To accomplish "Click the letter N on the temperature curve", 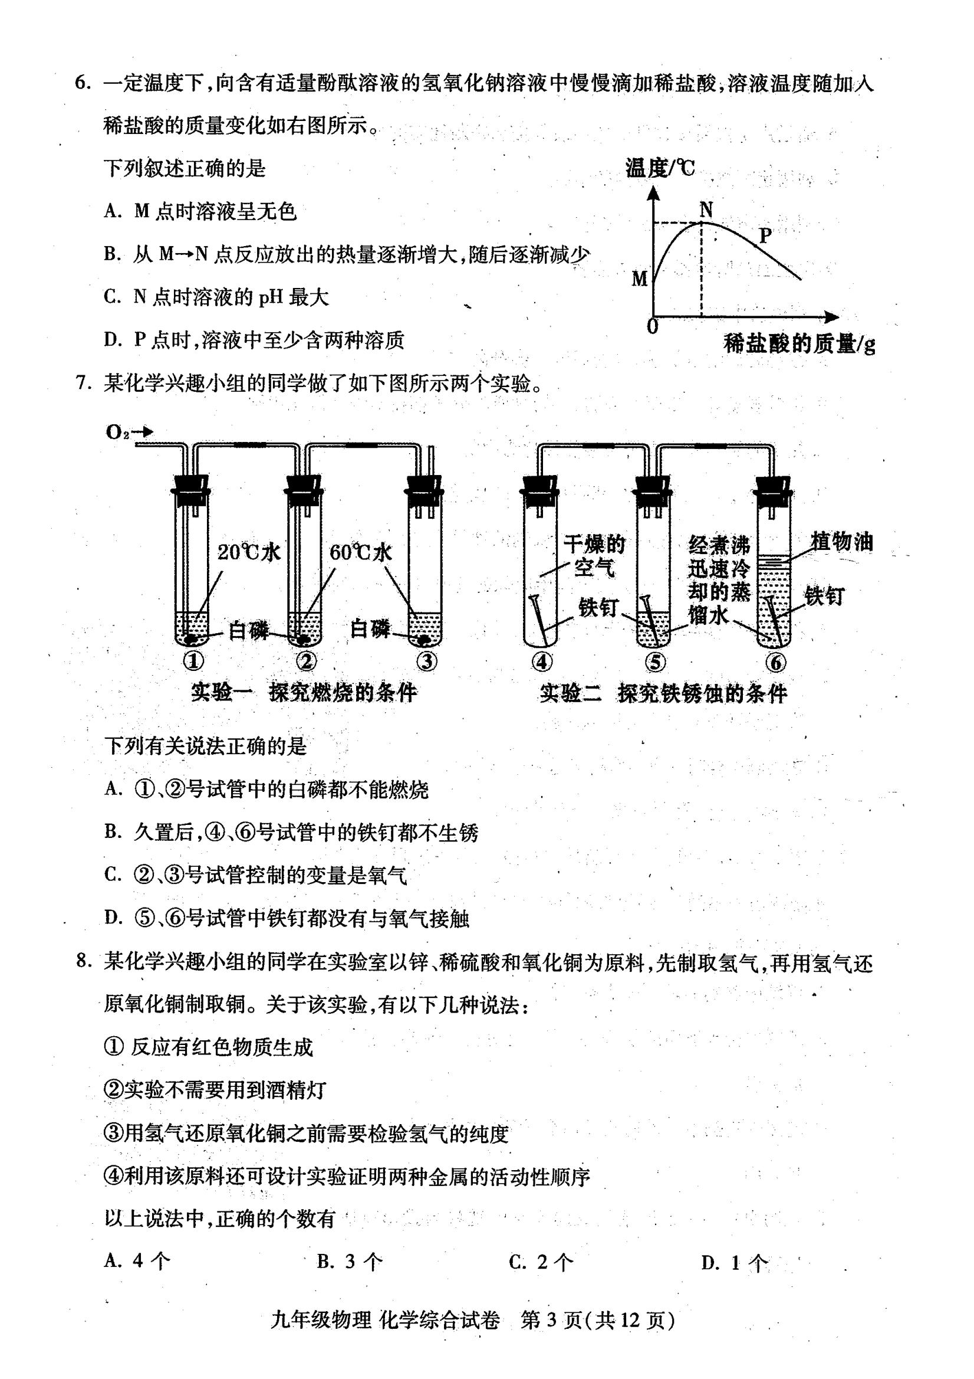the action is [x=706, y=209].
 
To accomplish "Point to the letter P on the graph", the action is [x=765, y=235].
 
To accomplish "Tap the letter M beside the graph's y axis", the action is [x=640, y=279].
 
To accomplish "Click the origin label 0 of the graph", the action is [x=653, y=327].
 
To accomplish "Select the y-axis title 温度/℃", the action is [x=660, y=168].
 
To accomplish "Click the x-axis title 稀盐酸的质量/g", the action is [x=799, y=343].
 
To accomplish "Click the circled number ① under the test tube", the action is [x=193, y=661].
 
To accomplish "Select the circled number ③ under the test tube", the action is [x=427, y=661].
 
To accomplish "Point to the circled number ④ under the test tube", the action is [x=542, y=662].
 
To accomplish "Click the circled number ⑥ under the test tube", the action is [x=775, y=663].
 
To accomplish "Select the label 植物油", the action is [x=841, y=541].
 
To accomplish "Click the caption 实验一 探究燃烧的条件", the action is [x=304, y=693].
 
